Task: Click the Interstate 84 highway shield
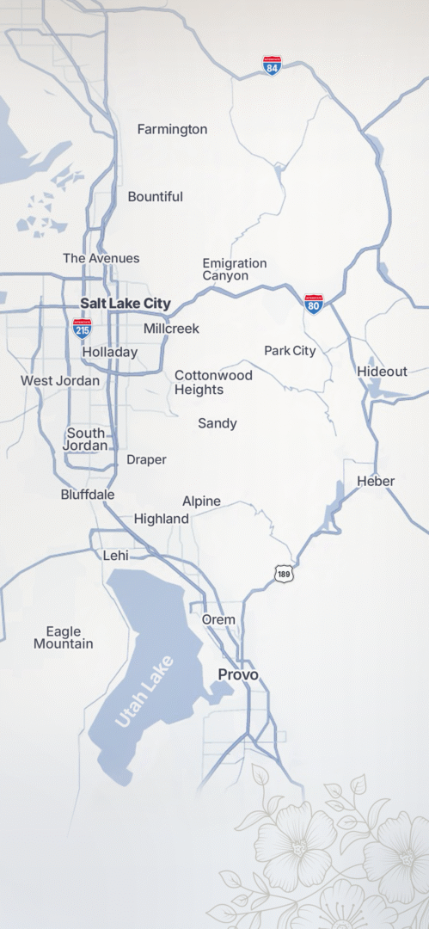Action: pos(272,65)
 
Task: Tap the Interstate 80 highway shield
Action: pos(314,304)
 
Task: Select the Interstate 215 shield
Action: pos(83,327)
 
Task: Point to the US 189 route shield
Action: pos(285,572)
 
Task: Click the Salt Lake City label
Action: pos(126,304)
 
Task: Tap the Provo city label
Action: pos(238,675)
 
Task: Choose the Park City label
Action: pos(290,351)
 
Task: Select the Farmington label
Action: pos(172,129)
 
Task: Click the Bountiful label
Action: pos(155,197)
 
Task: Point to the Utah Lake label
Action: pos(144,692)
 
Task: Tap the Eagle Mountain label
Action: pos(64,637)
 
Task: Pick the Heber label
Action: pos(376,481)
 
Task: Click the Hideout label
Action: pos(382,372)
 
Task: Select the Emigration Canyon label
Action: pos(235,269)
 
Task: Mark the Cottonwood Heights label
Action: pos(213,383)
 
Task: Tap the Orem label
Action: pos(218,619)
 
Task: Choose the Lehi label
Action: pos(116,556)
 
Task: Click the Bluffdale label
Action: pos(88,495)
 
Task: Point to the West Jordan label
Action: pos(60,380)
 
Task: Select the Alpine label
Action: pos(201,501)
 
